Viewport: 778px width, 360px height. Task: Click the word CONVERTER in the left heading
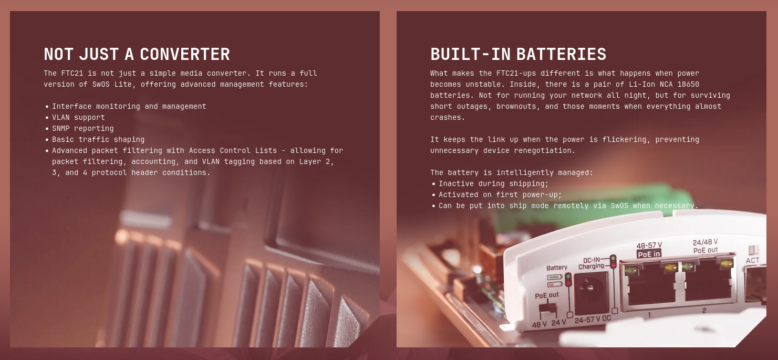pyautogui.click(x=185, y=54)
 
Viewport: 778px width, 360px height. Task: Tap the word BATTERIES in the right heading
pyautogui.click(x=561, y=54)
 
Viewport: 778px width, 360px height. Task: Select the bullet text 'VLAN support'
pyautogui.click(x=78, y=117)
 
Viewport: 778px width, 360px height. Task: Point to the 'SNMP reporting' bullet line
pyautogui.click(x=82, y=129)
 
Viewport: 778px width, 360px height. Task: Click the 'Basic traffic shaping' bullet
pyautogui.click(x=98, y=139)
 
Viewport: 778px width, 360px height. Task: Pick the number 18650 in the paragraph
pyautogui.click(x=688, y=84)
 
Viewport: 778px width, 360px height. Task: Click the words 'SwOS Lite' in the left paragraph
pyautogui.click(x=112, y=84)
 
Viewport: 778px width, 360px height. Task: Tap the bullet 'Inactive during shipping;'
pyautogui.click(x=493, y=183)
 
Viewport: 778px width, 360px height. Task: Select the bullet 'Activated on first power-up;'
pyautogui.click(x=500, y=194)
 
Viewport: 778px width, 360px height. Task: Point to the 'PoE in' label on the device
pyautogui.click(x=649, y=254)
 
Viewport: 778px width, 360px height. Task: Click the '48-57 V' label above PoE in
pyautogui.click(x=649, y=245)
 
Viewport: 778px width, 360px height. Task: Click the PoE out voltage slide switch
pyautogui.click(x=548, y=308)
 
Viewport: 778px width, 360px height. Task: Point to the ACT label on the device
pyautogui.click(x=752, y=260)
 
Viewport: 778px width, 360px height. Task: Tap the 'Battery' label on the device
pyautogui.click(x=557, y=268)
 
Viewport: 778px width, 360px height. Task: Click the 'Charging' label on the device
pyautogui.click(x=591, y=266)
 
